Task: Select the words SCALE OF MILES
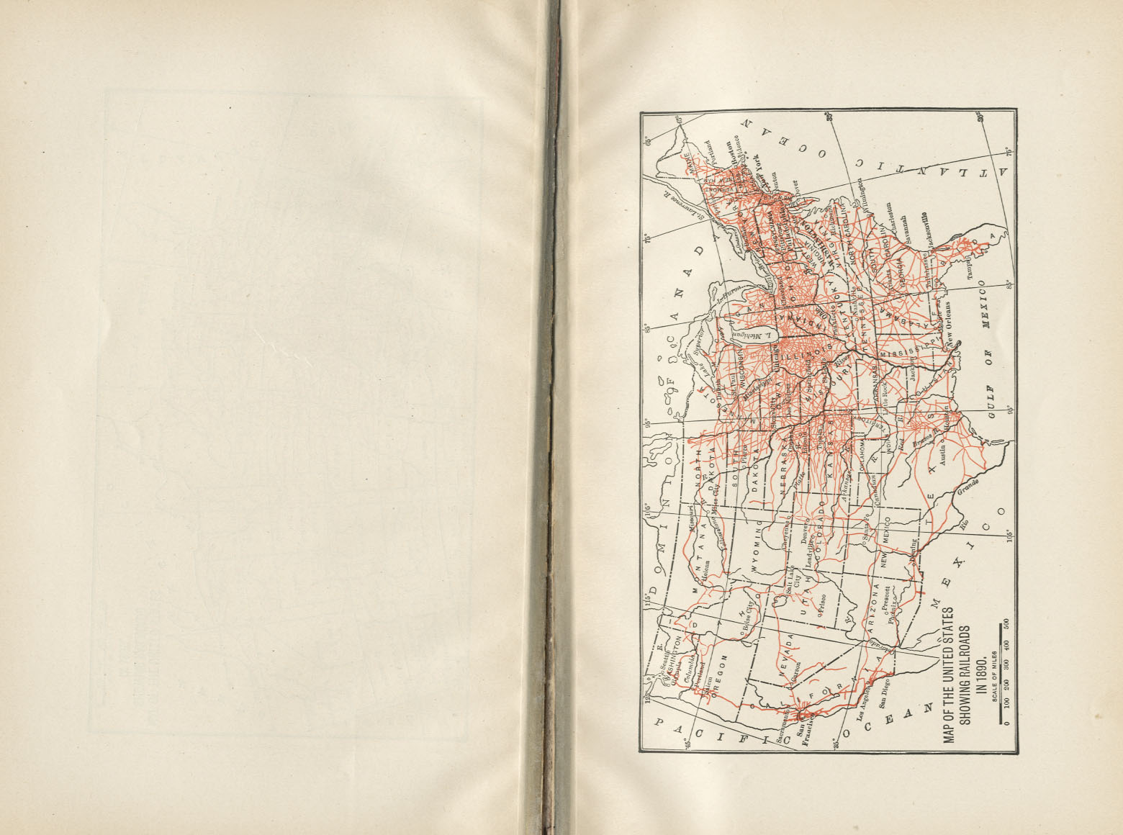tap(993, 676)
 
